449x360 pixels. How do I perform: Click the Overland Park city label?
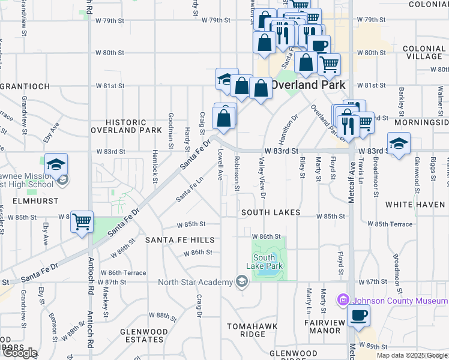pos(303,85)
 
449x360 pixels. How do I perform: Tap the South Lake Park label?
pos(264,262)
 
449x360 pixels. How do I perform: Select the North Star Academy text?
pos(195,282)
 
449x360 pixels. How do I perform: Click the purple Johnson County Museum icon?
pos(343,299)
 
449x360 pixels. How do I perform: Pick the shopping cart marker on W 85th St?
pos(82,221)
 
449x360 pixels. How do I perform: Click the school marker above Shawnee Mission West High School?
pos(56,165)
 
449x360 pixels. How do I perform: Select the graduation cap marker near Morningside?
pos(399,144)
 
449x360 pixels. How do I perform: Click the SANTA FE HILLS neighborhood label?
pos(180,240)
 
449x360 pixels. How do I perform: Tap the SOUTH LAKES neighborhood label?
pos(271,213)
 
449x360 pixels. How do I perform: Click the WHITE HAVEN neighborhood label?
pos(415,205)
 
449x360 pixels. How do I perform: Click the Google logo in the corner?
pos(19,353)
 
